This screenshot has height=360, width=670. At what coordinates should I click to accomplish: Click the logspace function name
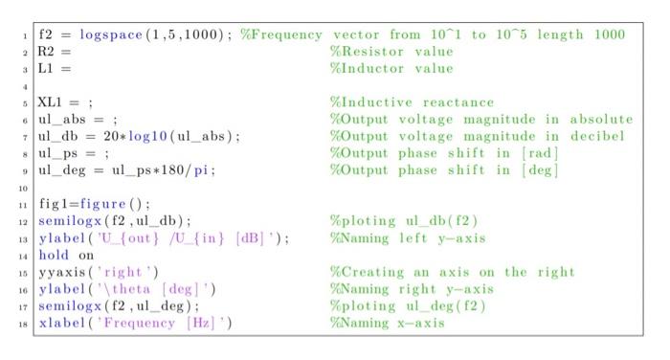point(111,34)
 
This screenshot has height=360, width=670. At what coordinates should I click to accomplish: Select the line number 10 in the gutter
point(23,188)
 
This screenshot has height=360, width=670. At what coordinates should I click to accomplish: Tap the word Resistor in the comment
point(372,52)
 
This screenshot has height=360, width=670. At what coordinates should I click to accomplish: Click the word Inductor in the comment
point(372,68)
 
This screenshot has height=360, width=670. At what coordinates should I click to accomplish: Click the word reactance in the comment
point(458,102)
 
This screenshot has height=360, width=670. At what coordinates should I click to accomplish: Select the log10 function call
point(147,136)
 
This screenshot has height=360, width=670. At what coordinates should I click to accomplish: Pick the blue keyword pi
point(201,170)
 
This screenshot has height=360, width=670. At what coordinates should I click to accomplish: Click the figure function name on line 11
point(102,204)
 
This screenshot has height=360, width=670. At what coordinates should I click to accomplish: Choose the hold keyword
point(54,255)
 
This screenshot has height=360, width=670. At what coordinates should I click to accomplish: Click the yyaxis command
point(62,272)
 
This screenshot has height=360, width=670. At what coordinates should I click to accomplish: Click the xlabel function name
point(62,323)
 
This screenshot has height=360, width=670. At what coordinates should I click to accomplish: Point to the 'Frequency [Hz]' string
point(159,323)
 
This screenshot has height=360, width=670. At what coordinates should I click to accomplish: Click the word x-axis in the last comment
point(421,323)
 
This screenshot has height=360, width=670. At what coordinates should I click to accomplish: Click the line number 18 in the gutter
point(23,324)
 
